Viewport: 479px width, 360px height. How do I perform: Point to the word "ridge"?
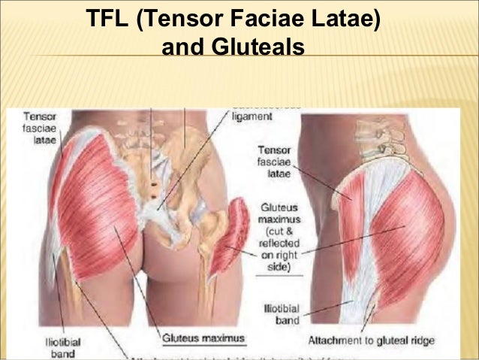pyautogui.click(x=421, y=340)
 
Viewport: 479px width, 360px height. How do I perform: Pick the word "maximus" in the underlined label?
pyautogui.click(x=223, y=338)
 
